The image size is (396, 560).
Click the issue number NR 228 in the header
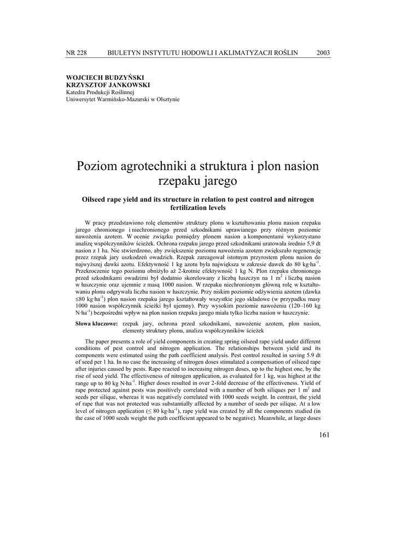point(76,52)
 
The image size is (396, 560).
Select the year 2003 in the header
point(323,52)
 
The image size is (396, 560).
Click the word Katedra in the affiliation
point(77,92)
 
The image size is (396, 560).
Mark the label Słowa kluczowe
point(96,324)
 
